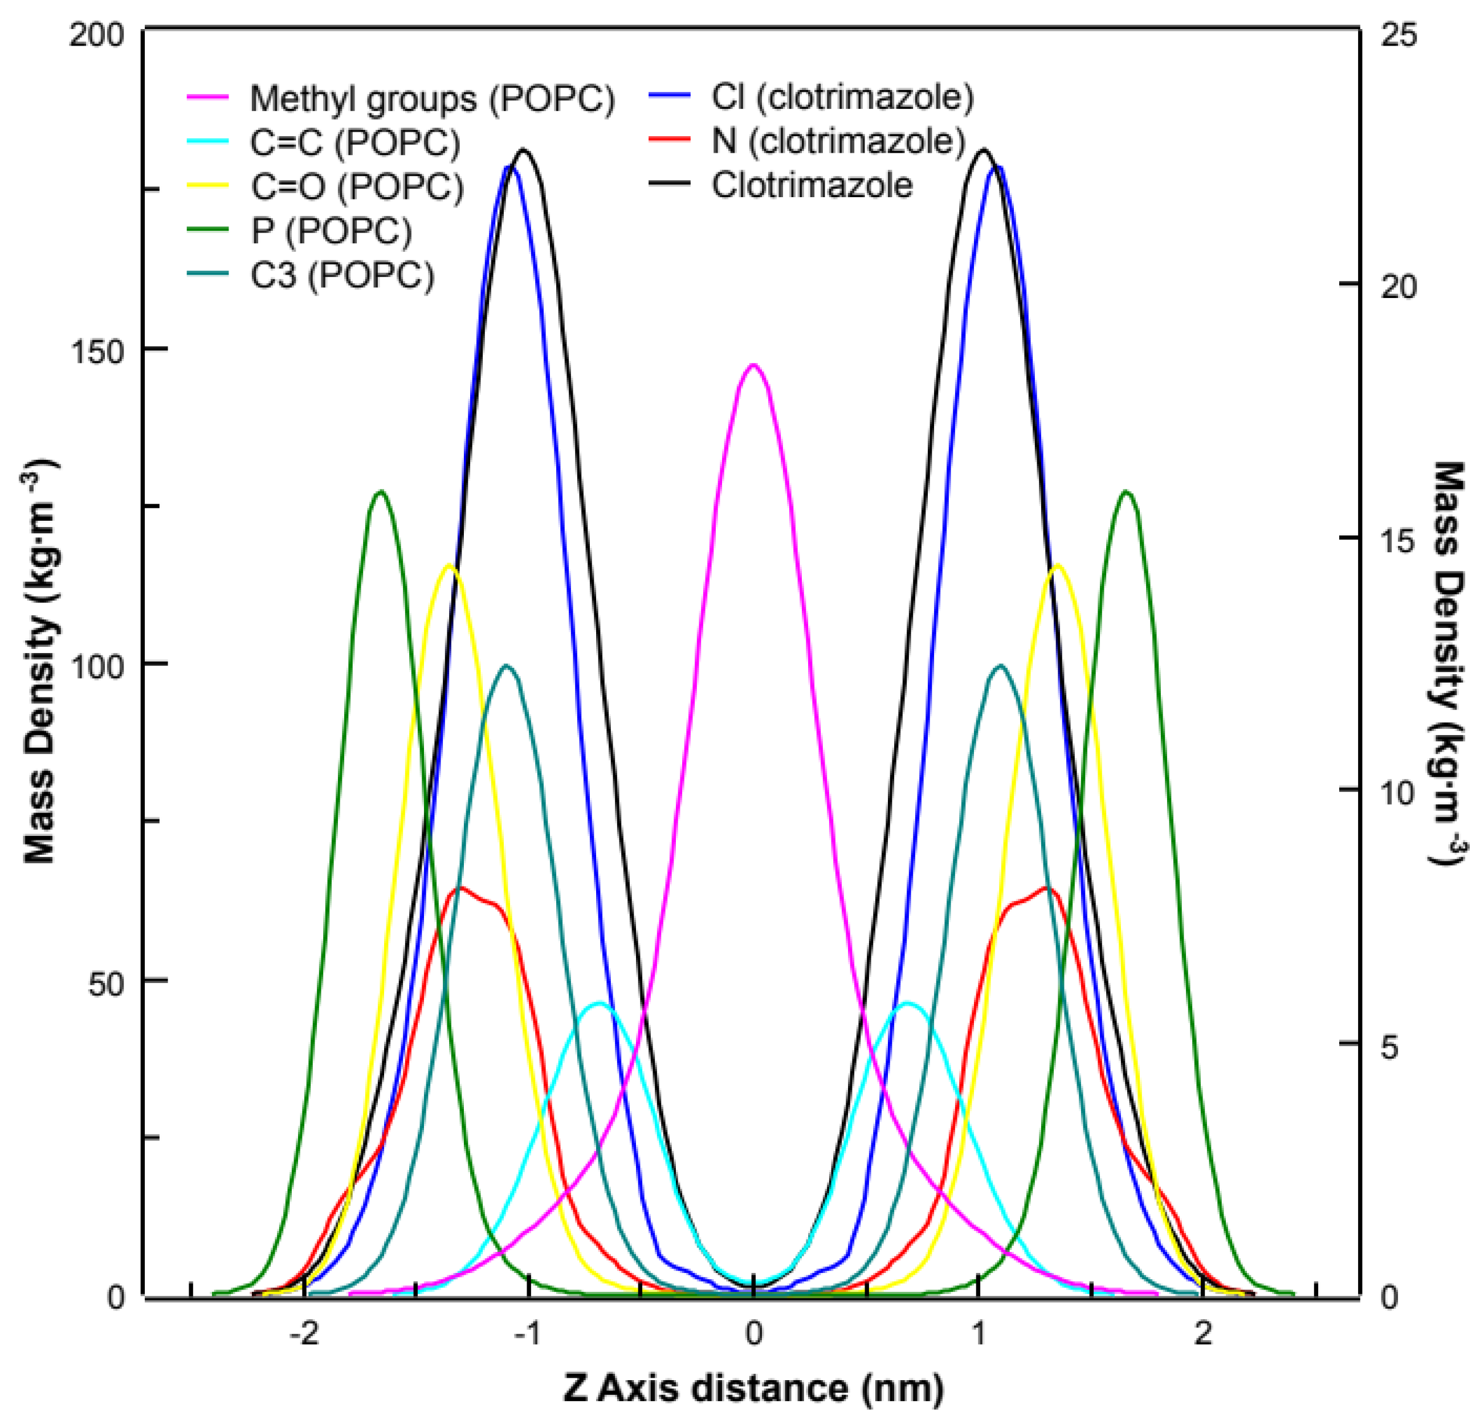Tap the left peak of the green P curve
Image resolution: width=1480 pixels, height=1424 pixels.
381,492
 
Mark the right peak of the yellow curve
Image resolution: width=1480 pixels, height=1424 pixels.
1057,565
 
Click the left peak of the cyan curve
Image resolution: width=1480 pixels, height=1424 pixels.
600,1003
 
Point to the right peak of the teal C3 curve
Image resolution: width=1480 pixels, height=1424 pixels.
1001,666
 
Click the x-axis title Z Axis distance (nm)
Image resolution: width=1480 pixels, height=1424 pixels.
753,1388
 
